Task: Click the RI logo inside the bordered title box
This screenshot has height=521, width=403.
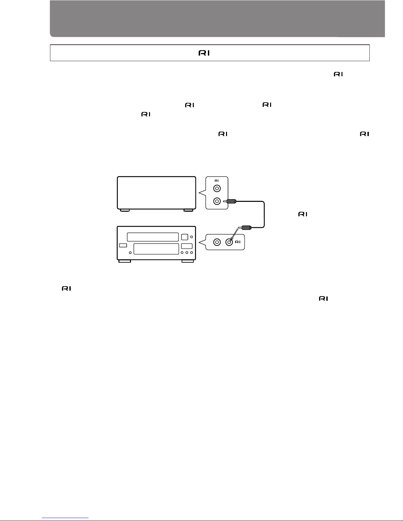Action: point(204,53)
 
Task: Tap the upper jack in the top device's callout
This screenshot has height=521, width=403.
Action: point(217,188)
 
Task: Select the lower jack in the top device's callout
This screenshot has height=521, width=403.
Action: point(217,201)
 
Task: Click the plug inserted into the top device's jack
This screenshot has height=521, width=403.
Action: point(230,201)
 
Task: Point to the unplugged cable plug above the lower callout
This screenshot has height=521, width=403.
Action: point(245,227)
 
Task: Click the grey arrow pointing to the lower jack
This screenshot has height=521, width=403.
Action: point(234,234)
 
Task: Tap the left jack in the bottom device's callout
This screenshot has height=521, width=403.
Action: point(217,242)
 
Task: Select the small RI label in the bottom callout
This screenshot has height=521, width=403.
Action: point(238,242)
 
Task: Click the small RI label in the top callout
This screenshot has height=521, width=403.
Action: point(217,181)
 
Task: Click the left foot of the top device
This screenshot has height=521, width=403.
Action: point(125,210)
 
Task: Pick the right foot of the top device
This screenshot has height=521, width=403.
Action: point(188,210)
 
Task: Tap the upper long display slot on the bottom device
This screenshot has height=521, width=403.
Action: point(153,237)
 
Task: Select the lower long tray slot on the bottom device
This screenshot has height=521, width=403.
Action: point(156,249)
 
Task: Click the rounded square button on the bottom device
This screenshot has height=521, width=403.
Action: point(185,237)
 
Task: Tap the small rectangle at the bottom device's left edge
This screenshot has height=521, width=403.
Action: point(123,245)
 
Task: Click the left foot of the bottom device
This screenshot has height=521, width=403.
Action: point(125,261)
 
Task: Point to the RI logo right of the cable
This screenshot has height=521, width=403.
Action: point(303,214)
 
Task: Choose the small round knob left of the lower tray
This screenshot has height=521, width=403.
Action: point(130,253)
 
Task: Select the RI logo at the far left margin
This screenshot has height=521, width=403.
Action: point(66,288)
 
